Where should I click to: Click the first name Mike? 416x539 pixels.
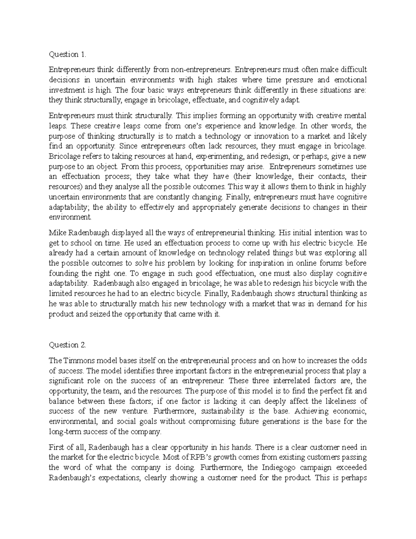tap(57, 232)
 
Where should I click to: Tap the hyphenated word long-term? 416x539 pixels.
tap(65, 432)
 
